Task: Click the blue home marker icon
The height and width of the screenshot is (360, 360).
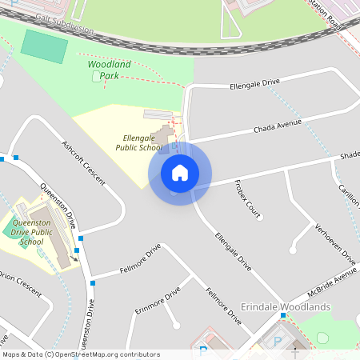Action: pyautogui.click(x=180, y=173)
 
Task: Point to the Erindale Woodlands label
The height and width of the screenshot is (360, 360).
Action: pyautogui.click(x=286, y=307)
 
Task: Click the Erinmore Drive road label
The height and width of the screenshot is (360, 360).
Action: pyautogui.click(x=158, y=303)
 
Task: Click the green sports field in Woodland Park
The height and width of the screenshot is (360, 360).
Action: pyautogui.click(x=44, y=46)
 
